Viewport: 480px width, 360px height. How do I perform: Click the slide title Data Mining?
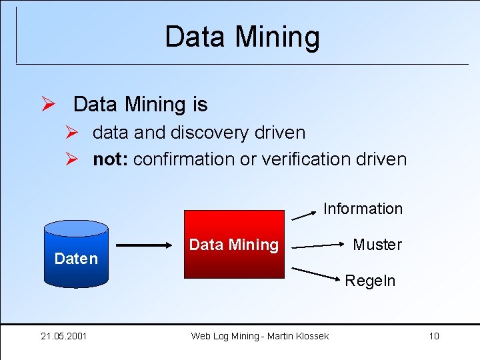(242, 37)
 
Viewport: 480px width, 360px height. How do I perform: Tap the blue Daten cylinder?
(75, 254)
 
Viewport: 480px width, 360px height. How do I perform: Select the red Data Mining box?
(234, 244)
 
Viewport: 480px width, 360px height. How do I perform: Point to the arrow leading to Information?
(304, 214)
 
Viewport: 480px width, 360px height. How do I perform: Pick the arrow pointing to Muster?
(317, 246)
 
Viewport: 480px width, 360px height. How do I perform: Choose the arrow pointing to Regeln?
(317, 275)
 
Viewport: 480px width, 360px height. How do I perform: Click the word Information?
(363, 209)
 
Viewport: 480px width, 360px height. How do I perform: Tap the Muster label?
(377, 245)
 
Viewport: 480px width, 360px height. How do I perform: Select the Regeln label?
(370, 281)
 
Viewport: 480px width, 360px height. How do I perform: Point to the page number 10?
(433, 336)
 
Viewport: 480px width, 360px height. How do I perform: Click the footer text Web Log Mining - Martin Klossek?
(259, 336)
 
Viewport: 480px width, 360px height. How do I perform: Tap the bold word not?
(111, 159)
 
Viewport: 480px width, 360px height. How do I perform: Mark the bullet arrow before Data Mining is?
(47, 105)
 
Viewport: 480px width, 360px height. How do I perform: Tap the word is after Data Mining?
(199, 105)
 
